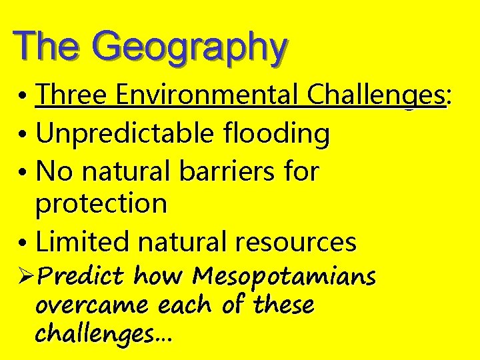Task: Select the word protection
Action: [101, 204]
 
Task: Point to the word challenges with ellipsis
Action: [103, 334]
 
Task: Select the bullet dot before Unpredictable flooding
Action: [23, 135]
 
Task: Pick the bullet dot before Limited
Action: [23, 242]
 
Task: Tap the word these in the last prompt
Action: [283, 305]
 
